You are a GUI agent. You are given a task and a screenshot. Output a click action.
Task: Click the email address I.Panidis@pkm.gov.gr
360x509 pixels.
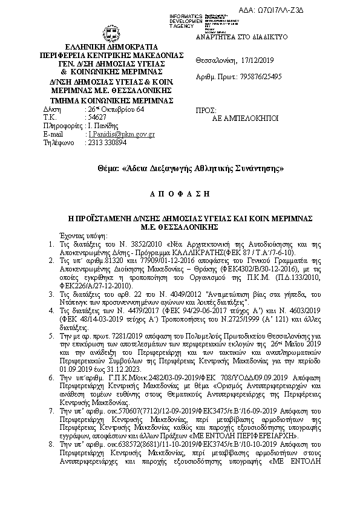coord(121,134)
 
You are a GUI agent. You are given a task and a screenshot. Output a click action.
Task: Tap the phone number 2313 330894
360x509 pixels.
coord(108,143)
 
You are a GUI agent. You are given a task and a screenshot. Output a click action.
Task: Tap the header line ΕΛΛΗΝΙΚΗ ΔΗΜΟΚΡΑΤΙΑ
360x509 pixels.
coord(111,47)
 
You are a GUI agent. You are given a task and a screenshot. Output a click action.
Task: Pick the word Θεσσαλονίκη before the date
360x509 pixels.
coord(217,61)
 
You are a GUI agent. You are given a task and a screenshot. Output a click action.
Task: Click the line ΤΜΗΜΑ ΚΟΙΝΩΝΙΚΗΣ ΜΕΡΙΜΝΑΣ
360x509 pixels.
coord(111,100)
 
